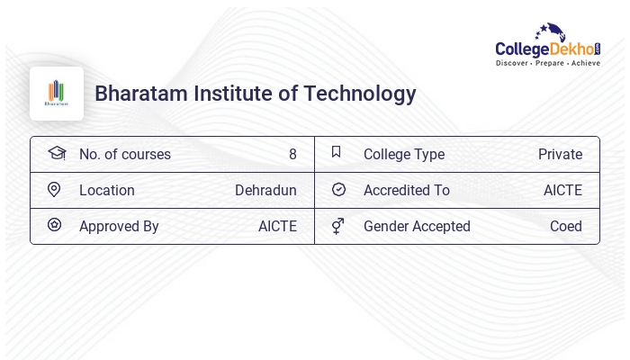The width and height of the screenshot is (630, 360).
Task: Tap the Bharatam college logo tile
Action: pos(57,94)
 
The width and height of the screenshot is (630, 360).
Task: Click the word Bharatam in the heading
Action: pos(134,94)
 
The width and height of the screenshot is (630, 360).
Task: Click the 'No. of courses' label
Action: pos(125,154)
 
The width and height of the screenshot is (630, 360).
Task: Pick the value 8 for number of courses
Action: pos(292,154)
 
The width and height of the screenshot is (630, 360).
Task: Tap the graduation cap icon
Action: pos(57,153)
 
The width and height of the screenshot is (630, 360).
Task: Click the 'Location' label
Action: pos(107,190)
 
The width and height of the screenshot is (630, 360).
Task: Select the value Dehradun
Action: pos(265,190)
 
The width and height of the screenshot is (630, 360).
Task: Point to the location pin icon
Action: pos(54,189)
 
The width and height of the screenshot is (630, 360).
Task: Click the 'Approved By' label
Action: pos(119,226)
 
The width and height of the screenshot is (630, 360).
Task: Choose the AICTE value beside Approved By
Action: pos(277,226)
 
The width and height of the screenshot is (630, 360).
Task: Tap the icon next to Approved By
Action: pos(54,225)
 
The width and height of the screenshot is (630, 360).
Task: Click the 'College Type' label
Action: pos(404,154)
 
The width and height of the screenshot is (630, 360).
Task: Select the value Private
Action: pos(560,154)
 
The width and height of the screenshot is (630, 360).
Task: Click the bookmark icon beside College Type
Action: pos(337,152)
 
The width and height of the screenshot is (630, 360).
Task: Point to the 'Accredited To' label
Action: pos(407,190)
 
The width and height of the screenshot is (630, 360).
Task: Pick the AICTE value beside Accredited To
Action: pos(562,190)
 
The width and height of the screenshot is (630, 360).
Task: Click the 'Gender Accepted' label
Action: pos(417,226)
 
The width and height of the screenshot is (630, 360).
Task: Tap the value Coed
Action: pos(566,226)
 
